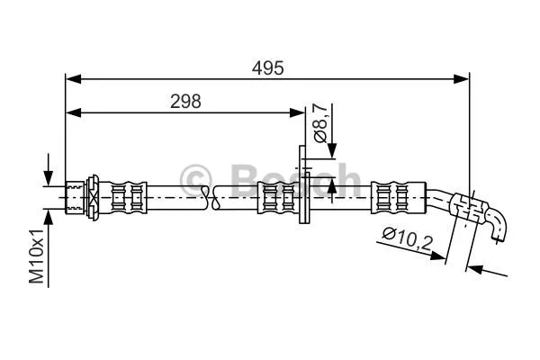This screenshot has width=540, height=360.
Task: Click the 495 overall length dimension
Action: click(x=267, y=67)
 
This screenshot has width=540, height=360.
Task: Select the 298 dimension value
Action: click(x=185, y=101)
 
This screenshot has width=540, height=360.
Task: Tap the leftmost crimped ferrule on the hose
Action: click(x=126, y=194)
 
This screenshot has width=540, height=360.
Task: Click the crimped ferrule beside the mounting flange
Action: click(x=274, y=195)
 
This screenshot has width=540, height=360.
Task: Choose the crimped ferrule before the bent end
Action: click(x=392, y=195)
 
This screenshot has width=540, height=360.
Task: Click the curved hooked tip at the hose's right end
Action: click(x=498, y=227)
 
